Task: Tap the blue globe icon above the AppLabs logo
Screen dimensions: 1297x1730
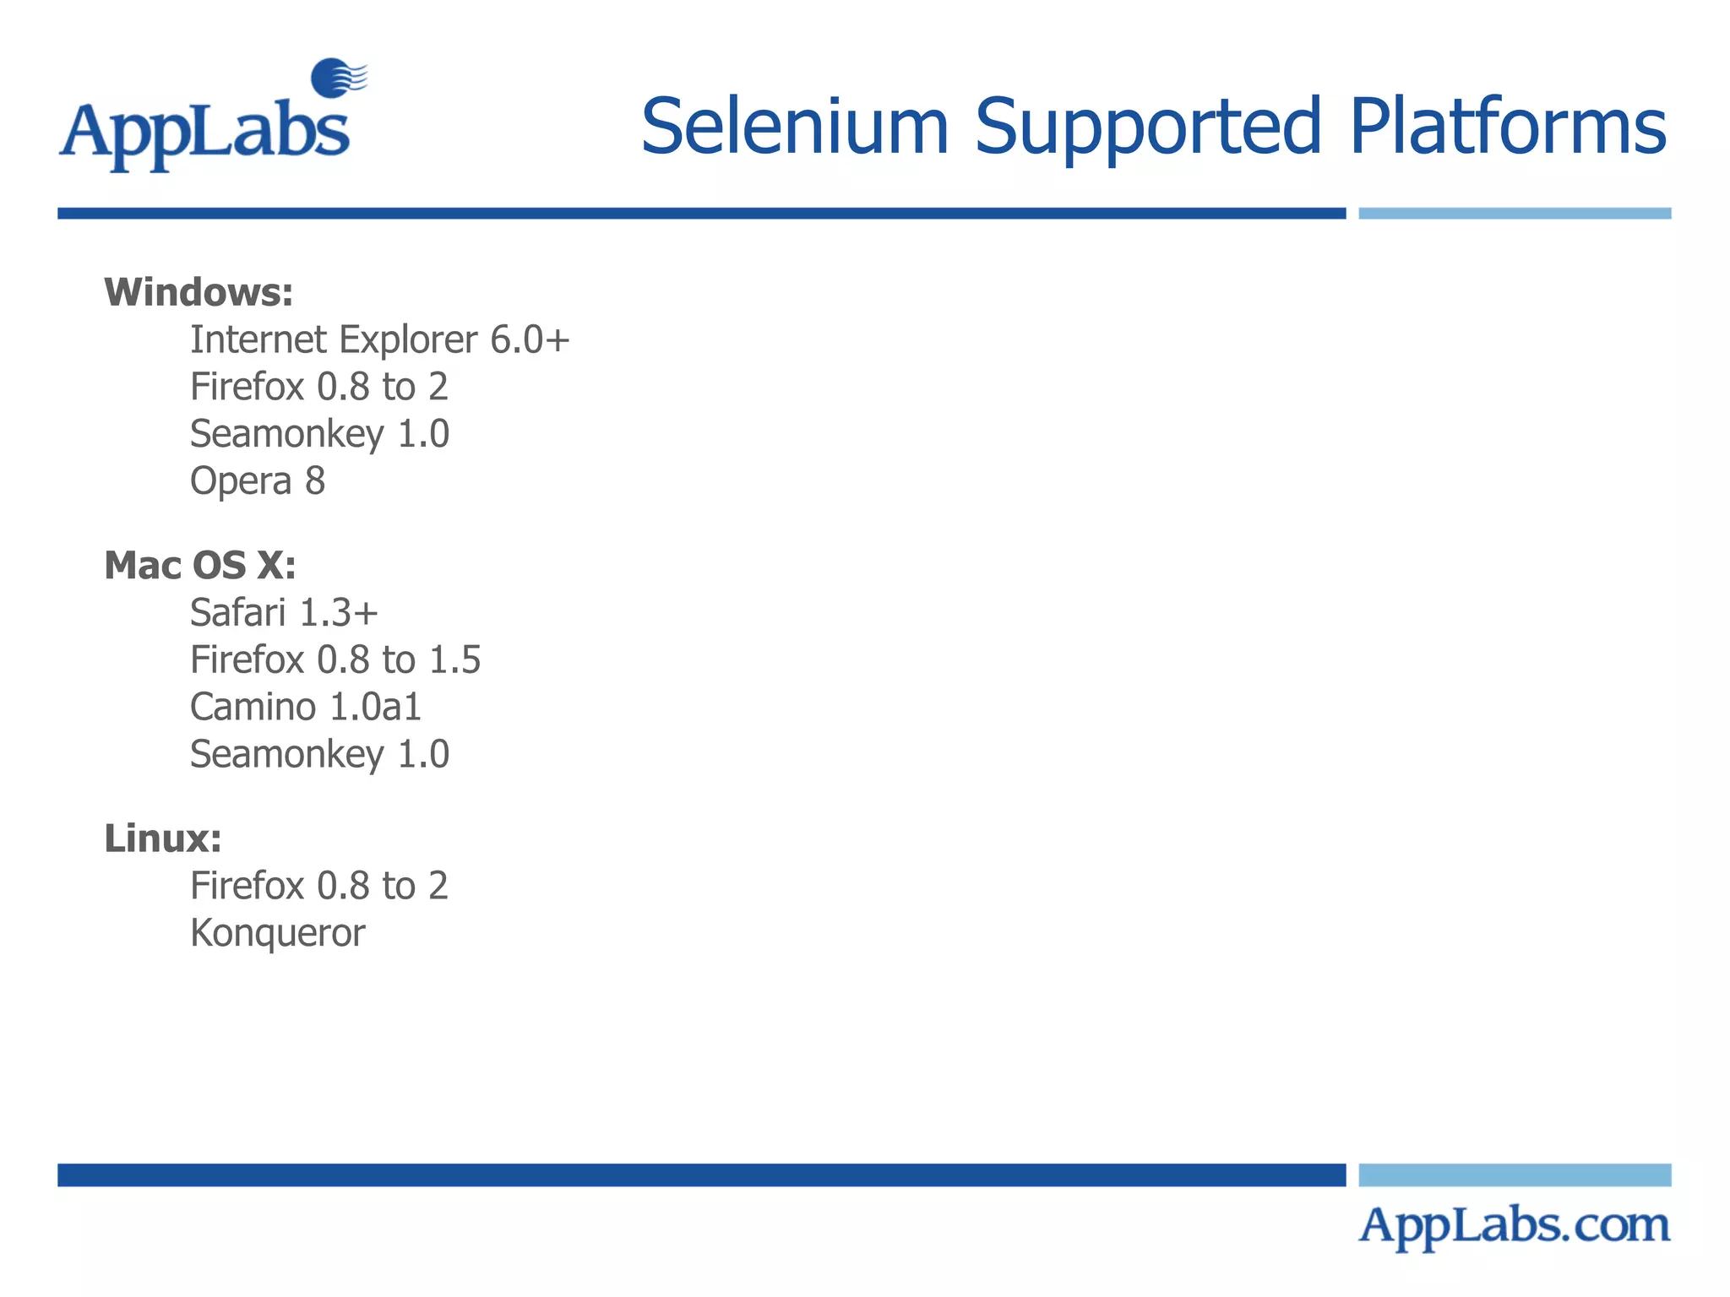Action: click(x=335, y=78)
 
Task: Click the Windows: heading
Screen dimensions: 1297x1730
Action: click(x=199, y=292)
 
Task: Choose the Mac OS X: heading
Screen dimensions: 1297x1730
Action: click(x=200, y=565)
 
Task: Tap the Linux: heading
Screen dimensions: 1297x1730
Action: click(x=163, y=838)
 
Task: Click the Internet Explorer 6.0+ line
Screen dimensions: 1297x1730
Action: click(x=379, y=339)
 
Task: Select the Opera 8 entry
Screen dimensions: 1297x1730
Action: click(x=258, y=481)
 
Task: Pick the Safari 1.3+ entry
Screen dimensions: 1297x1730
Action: click(x=284, y=612)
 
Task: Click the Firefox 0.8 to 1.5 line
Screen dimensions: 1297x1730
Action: click(x=335, y=659)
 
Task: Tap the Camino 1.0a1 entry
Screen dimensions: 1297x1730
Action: click(x=306, y=707)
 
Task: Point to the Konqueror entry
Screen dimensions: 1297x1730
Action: click(x=278, y=933)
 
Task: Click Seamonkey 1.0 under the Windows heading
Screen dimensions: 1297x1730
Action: click(x=319, y=434)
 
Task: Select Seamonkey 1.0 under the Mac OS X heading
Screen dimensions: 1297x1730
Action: click(x=319, y=754)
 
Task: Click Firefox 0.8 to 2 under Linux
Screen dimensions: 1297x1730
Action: click(x=319, y=886)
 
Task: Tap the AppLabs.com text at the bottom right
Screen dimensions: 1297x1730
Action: click(x=1514, y=1225)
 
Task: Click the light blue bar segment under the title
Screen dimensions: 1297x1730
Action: click(x=1515, y=214)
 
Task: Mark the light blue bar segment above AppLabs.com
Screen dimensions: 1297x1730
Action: click(x=1515, y=1175)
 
